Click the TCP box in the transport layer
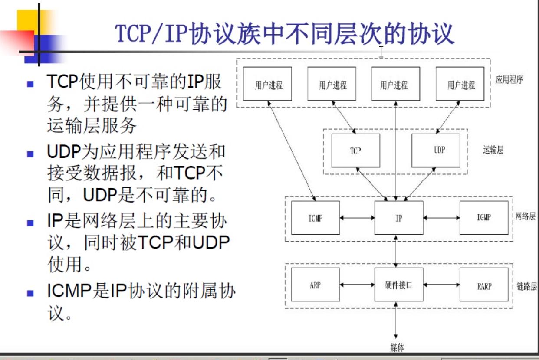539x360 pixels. click(355, 151)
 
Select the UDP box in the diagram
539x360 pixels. click(435, 151)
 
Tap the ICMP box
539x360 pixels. click(316, 218)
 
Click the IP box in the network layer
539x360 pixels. click(398, 218)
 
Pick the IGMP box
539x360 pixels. click(483, 218)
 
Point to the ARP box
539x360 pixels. click(316, 285)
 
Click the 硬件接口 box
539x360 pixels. click(398, 285)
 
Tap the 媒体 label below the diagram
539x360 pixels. click(397, 347)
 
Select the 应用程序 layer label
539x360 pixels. click(509, 80)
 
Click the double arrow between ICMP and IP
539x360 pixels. click(357, 218)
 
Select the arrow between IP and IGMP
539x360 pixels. click(441, 218)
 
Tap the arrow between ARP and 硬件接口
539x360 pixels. click(357, 285)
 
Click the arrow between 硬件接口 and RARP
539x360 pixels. click(441, 285)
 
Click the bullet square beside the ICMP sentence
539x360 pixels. click(30, 293)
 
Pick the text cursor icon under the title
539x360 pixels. click(381, 52)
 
